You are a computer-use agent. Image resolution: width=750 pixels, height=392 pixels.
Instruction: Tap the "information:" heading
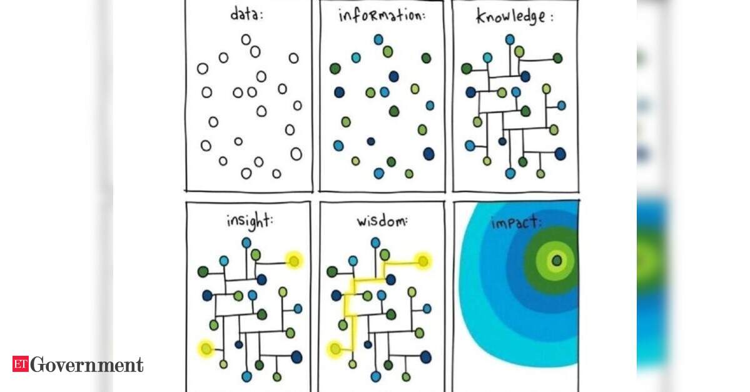382,15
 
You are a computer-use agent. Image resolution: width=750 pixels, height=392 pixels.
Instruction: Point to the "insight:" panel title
250,221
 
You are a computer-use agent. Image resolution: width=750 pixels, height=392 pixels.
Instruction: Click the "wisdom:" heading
382,221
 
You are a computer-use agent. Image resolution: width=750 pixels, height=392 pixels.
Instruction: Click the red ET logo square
21,364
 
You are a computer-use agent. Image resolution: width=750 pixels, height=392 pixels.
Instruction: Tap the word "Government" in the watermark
86,364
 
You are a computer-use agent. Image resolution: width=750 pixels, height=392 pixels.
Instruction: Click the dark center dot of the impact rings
557,261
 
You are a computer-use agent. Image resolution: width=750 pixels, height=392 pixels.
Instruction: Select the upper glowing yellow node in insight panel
294,261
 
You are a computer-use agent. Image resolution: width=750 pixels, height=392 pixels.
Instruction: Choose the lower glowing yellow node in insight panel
206,348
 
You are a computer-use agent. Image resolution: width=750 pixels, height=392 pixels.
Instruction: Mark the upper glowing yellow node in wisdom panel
423,261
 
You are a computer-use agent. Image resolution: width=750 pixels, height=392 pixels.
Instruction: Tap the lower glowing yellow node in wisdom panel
335,349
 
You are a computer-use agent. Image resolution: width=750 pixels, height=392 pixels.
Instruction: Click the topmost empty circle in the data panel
246,39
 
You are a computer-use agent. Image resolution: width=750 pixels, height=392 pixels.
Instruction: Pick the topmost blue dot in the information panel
378,39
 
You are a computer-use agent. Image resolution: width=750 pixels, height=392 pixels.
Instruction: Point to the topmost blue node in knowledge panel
510,39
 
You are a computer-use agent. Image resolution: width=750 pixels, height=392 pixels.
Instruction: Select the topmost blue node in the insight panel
246,243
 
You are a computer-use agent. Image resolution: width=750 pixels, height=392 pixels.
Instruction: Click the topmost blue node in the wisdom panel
375,243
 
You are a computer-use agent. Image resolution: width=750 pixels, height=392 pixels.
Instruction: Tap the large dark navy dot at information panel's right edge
428,153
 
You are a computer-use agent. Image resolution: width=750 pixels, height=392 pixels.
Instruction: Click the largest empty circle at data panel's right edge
296,154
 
